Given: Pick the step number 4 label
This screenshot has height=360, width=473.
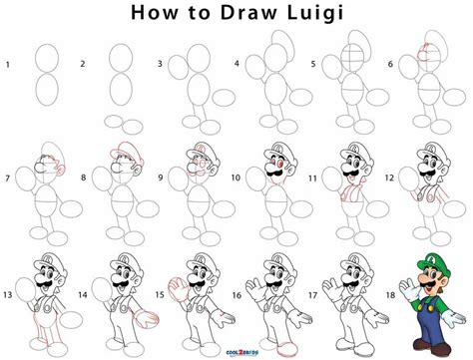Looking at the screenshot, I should [236, 65].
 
